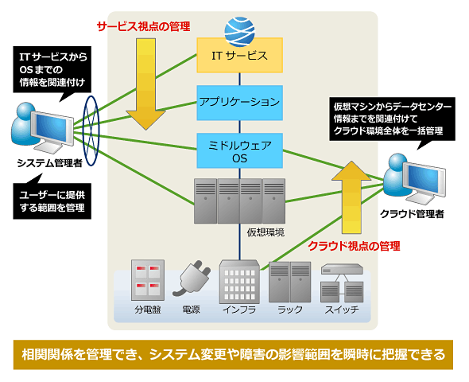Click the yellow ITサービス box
pos(239,55)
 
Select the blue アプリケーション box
pos(239,103)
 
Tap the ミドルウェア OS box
pos(239,150)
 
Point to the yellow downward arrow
pos(146,84)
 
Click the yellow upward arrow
pos(351,197)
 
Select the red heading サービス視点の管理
pos(144,26)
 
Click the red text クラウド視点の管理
pos(355,246)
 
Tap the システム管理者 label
pos(49,163)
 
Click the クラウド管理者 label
pos(412,214)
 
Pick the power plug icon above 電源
pos(192,279)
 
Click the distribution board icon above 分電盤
pos(148,280)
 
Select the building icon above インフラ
pos(239,282)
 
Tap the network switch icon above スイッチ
pos(342,283)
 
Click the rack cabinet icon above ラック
pos(289,282)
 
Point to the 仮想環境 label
pos(266,232)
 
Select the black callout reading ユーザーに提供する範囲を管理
pos(52,201)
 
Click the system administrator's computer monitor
pos(52,128)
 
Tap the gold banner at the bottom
pos(233,355)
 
